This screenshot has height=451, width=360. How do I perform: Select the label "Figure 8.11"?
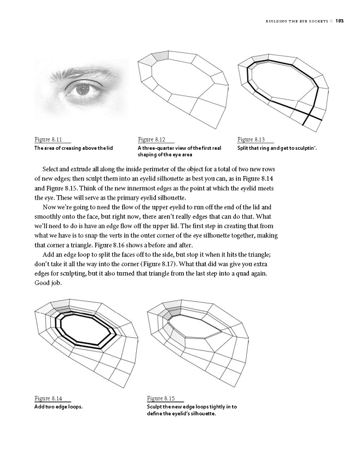(48, 140)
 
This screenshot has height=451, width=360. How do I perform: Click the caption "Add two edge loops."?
(59, 407)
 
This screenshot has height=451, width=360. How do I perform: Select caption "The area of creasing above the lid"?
(73, 148)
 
